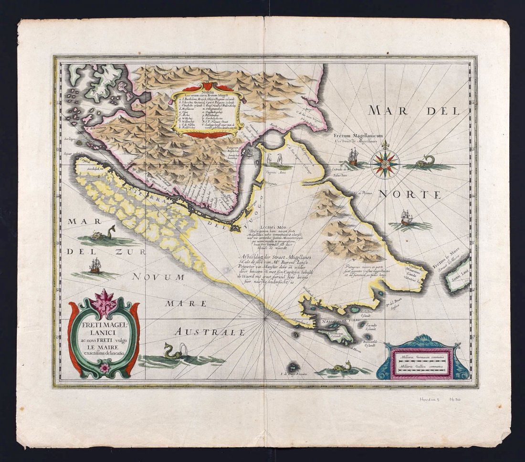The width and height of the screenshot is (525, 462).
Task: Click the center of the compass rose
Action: (385, 164)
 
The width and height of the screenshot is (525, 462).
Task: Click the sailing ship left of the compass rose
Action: (353, 157)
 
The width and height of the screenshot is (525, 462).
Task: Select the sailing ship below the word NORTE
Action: (406, 219)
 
